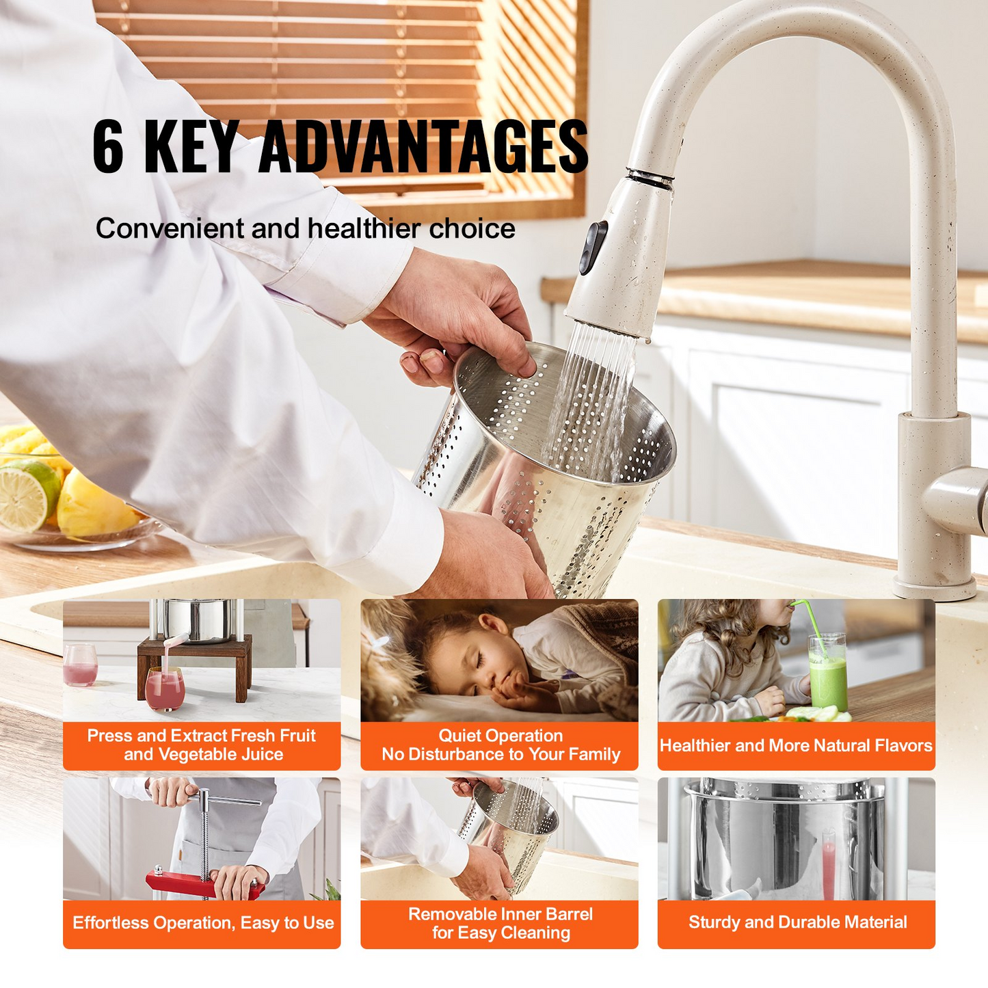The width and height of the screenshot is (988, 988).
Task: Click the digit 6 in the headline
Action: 108,147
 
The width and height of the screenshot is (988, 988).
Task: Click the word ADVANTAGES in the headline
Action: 423,147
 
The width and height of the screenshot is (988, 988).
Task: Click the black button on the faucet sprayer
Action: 593,248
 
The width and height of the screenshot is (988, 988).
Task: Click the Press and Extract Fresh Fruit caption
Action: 202,745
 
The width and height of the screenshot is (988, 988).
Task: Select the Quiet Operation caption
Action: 500,745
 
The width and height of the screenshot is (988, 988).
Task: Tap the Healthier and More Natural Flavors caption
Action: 796,745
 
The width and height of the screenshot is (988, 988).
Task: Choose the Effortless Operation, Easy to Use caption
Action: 202,923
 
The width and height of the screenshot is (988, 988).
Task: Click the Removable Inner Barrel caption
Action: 500,923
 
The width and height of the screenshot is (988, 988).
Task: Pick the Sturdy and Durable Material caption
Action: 797,922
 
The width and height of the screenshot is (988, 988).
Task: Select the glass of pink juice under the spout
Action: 165,689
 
